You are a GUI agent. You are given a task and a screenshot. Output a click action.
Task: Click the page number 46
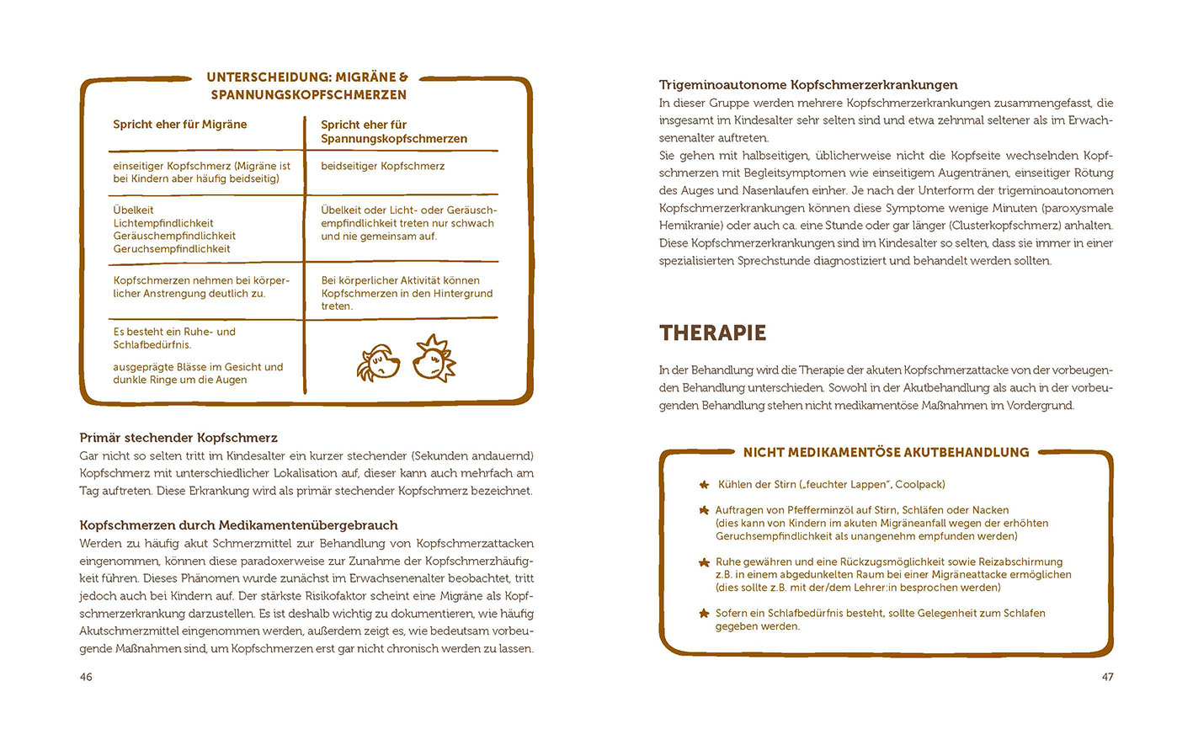pyautogui.click(x=86, y=677)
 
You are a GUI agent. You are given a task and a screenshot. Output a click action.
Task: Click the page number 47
pyautogui.click(x=1107, y=677)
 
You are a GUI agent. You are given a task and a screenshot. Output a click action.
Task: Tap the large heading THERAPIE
pyautogui.click(x=712, y=333)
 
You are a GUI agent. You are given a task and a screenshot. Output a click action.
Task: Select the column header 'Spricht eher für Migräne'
pyautogui.click(x=180, y=125)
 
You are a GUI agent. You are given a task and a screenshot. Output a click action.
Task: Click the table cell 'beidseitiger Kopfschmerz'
pyautogui.click(x=383, y=166)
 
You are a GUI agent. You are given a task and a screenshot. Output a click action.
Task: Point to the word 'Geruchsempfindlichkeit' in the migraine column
pyautogui.click(x=172, y=249)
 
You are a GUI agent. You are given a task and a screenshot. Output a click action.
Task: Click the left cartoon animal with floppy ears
pyautogui.click(x=377, y=362)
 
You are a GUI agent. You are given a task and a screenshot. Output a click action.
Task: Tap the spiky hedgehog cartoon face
pyautogui.click(x=434, y=359)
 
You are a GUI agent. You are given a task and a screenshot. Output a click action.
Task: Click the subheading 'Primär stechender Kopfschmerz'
pyautogui.click(x=178, y=438)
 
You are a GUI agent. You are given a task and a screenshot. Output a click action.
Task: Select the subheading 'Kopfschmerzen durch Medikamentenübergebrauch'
pyautogui.click(x=238, y=525)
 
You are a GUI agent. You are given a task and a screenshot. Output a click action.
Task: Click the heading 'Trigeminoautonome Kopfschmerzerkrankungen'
pyautogui.click(x=808, y=85)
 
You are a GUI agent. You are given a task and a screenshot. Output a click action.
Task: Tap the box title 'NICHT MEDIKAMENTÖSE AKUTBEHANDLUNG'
pyautogui.click(x=886, y=453)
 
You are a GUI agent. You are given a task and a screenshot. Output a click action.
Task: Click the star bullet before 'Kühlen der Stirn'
pyautogui.click(x=704, y=485)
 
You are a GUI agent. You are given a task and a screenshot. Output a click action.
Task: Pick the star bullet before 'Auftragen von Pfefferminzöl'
pyautogui.click(x=704, y=510)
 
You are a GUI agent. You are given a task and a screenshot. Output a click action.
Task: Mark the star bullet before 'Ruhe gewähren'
pyautogui.click(x=704, y=562)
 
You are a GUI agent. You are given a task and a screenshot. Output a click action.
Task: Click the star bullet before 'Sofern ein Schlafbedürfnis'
pyautogui.click(x=704, y=614)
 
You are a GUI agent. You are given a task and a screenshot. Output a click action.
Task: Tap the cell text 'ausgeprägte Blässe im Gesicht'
pyautogui.click(x=199, y=367)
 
